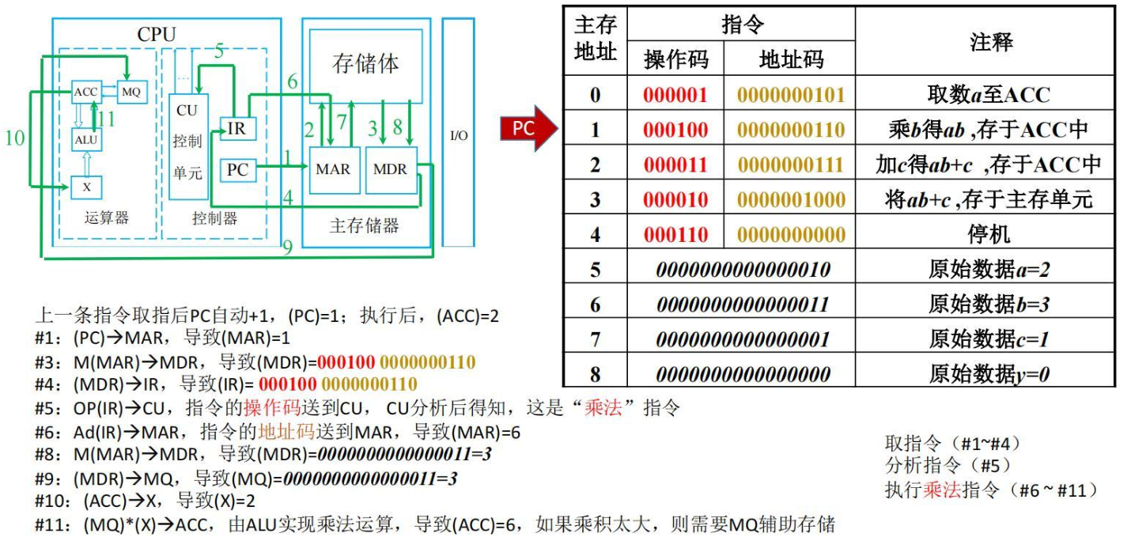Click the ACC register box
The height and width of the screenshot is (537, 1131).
(x=86, y=92)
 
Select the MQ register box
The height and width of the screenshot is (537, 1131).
(x=132, y=92)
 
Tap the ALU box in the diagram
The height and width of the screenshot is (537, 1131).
(x=86, y=140)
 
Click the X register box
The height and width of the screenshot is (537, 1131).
(x=86, y=187)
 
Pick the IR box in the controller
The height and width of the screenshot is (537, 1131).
(x=238, y=129)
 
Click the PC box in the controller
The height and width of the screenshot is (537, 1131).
(x=238, y=169)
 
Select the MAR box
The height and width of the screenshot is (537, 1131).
(x=335, y=170)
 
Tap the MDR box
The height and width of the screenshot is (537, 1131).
(x=391, y=170)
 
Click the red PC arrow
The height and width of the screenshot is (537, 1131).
(x=528, y=128)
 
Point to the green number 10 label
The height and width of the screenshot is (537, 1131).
(x=15, y=138)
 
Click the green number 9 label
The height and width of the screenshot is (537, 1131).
(x=287, y=247)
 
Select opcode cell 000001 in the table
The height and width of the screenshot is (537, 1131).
(x=675, y=95)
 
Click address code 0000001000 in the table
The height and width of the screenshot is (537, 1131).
(x=791, y=200)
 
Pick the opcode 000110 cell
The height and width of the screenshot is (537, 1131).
(x=675, y=235)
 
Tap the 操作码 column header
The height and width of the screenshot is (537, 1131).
(x=676, y=59)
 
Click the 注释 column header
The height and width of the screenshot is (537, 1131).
(x=991, y=41)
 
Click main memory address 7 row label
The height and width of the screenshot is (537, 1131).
(x=596, y=339)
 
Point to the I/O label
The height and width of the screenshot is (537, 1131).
(x=459, y=135)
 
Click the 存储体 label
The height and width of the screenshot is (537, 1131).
(x=365, y=63)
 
